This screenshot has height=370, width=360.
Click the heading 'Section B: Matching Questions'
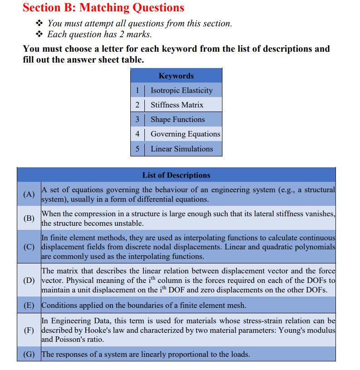click(104, 8)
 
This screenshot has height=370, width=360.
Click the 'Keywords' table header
click(176, 76)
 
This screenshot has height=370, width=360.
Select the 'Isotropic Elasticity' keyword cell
click(182, 90)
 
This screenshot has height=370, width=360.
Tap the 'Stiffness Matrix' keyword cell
click(177, 105)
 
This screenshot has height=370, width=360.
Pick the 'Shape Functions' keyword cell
click(178, 119)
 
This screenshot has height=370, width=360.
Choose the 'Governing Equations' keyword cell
click(185, 134)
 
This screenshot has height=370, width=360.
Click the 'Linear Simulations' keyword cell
click(182, 148)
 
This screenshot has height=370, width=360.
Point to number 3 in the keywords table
click(137, 119)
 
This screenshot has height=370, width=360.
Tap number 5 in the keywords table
click(137, 148)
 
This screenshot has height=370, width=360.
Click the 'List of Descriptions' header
click(176, 175)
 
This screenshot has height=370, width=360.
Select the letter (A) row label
click(29, 194)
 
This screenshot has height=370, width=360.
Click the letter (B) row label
click(29, 218)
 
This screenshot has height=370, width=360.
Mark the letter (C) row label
click(29, 247)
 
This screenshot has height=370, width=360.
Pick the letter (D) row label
click(29, 280)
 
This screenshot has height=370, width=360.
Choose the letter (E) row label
click(29, 305)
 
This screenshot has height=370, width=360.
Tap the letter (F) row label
click(29, 330)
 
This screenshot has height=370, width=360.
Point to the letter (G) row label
click(29, 354)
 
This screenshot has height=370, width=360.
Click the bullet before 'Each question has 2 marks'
click(39, 34)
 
